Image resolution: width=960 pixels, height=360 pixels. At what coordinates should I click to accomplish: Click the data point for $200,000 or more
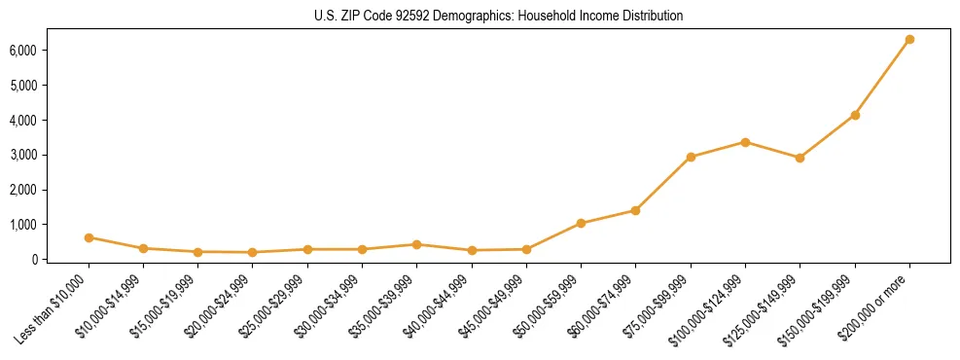point(909,40)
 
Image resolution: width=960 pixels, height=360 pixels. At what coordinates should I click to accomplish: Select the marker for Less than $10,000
point(89,237)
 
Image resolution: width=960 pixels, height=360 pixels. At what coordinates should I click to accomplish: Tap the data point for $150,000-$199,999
point(855,115)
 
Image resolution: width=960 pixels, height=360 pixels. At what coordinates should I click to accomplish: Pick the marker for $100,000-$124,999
point(745,142)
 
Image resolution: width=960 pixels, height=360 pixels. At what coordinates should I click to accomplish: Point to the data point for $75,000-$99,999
point(691,157)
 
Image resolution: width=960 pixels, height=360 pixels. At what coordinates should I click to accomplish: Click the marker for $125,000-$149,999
point(800,158)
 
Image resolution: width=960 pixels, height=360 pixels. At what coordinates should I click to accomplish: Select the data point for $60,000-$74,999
point(635,210)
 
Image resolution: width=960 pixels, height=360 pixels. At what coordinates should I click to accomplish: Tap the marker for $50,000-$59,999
point(581,223)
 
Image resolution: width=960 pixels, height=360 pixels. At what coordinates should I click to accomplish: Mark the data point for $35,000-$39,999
point(416,244)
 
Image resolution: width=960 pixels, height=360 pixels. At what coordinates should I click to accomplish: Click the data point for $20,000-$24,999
point(253,252)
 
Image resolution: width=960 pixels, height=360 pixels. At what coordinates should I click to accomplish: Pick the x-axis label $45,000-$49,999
point(494,307)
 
